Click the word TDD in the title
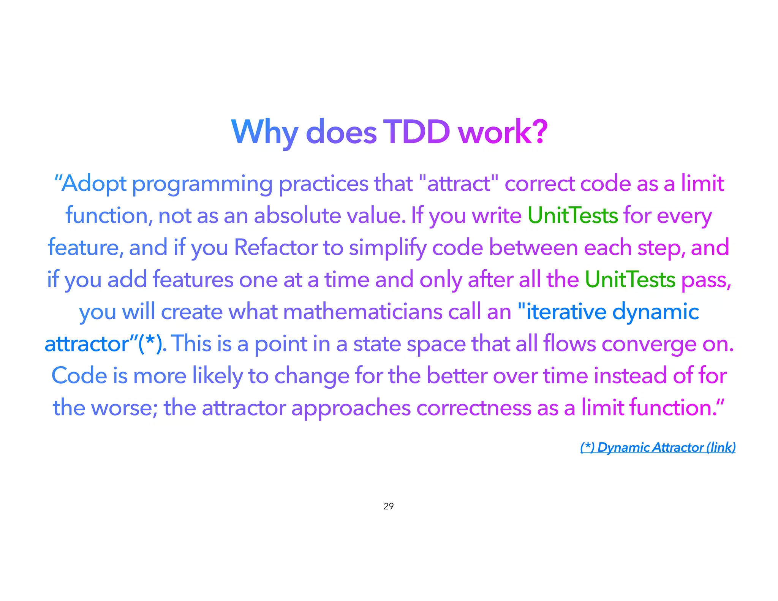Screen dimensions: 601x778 coord(416,132)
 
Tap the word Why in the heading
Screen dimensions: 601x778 coord(264,132)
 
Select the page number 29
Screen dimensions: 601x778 coord(389,506)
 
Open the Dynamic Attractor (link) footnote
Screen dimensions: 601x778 coord(658,447)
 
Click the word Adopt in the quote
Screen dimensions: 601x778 coord(94,183)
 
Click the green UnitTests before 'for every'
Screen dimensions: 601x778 coord(572,215)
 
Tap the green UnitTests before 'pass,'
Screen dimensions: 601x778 coord(630,280)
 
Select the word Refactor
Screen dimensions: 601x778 coord(275,248)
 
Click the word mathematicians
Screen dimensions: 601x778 coord(362,312)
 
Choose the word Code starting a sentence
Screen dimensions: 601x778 coord(79,376)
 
